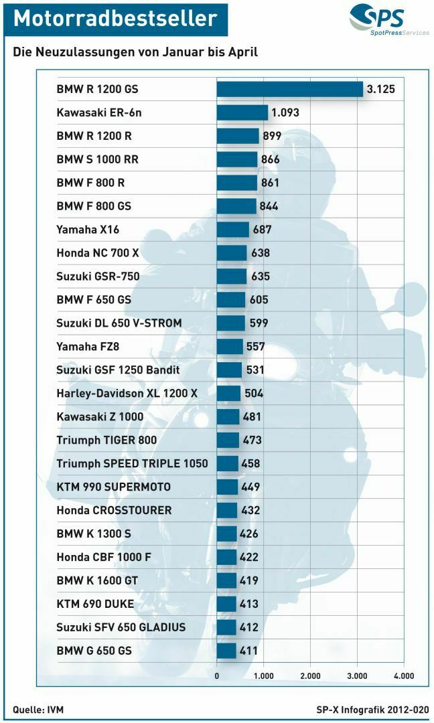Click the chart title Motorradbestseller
coord(115,19)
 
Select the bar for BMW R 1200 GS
coord(289,89)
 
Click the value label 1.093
coord(285,112)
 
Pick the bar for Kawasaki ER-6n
coord(242,112)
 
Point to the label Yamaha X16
coord(88,230)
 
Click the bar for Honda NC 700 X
coord(232,253)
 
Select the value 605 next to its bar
coord(259,300)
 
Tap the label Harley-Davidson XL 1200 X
coord(127,393)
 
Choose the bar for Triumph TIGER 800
coord(228,440)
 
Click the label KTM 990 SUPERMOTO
coord(113,487)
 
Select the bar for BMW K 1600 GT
coord(226,580)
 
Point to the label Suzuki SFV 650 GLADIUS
coord(121,627)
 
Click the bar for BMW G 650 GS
coord(226,651)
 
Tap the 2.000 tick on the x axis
coord(310,676)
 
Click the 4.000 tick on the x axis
coord(403,676)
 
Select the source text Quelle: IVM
coord(38,709)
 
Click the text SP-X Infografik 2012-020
coord(372,709)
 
